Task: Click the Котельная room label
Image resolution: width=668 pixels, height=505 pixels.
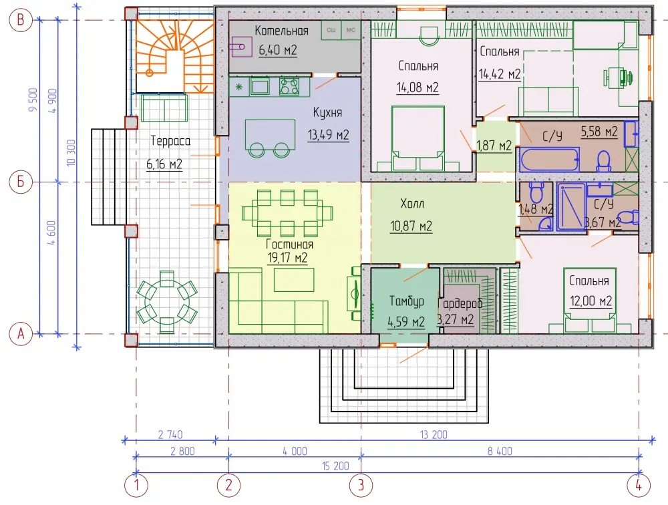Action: [x=281, y=31]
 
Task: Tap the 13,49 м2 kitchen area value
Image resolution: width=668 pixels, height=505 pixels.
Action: [x=329, y=135]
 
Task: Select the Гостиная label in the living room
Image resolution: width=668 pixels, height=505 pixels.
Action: [x=289, y=244]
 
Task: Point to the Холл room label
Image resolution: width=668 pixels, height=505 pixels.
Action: [x=412, y=204]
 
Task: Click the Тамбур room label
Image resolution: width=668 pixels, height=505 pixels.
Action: [x=407, y=301]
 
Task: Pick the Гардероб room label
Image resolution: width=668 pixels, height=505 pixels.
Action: [x=461, y=303]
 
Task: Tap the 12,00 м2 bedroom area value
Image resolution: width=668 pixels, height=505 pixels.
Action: [x=591, y=301]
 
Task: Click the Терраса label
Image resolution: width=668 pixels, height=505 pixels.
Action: [x=170, y=141]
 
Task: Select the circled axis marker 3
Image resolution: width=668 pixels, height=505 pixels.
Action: [x=361, y=485]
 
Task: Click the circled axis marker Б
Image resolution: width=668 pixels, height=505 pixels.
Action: [x=21, y=182]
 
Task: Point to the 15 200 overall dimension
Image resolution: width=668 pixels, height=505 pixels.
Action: [x=335, y=466]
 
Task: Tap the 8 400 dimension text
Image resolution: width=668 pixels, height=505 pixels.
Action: [x=500, y=451]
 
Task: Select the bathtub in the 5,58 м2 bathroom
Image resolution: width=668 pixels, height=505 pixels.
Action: [x=549, y=159]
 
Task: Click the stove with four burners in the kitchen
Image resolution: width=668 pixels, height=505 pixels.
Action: [x=289, y=86]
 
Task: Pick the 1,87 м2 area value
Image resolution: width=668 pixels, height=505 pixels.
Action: [x=494, y=146]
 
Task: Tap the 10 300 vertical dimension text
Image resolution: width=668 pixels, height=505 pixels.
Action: [x=71, y=152]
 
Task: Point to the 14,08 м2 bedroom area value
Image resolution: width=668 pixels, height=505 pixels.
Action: [x=417, y=88]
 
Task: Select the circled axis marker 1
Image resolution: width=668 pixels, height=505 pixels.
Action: [x=136, y=485]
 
